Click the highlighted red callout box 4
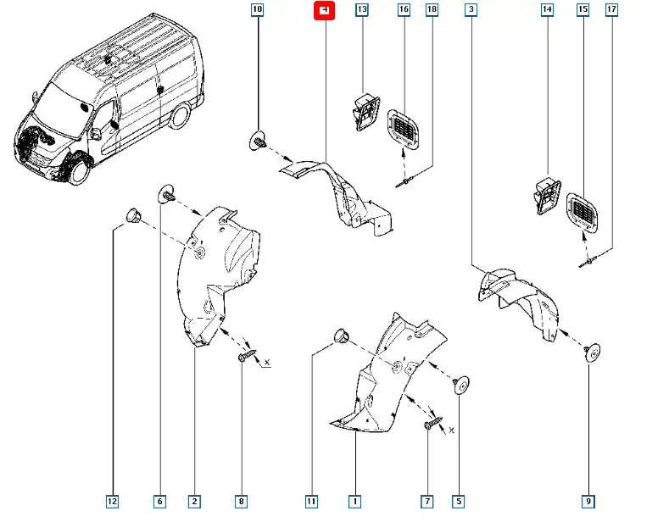coord(326,11)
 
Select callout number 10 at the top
coord(257,11)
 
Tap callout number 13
coord(362,11)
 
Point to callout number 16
coord(404,11)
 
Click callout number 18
coord(432,11)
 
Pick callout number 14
coord(547,11)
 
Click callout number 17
coord(611,11)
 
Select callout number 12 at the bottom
coord(113,503)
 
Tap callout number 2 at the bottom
coord(195,503)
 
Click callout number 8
coord(242,503)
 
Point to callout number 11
coord(311,503)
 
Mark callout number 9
coord(588,503)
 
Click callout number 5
coord(459,503)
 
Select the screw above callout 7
coord(433,422)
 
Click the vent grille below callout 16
coord(403,129)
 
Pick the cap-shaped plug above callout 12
coord(132,214)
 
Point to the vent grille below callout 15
coord(583,213)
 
